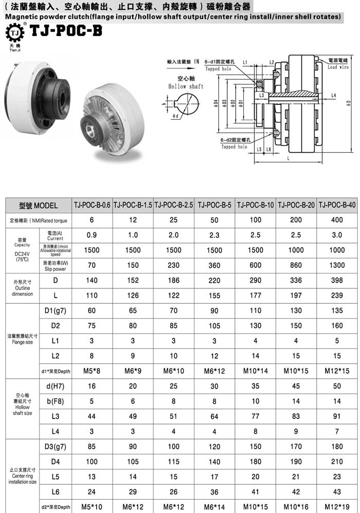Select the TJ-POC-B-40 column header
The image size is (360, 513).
(338, 205)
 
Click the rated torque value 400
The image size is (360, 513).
(338, 220)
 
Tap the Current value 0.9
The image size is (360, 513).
(92, 235)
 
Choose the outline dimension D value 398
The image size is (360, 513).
(338, 281)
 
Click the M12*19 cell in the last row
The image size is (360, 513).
(338, 507)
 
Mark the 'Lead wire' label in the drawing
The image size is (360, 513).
(338, 67)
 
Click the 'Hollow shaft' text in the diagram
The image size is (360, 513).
(186, 87)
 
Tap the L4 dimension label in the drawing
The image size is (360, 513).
(333, 96)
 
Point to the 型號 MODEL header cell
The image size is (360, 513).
(39, 205)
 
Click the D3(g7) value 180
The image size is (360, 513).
(338, 447)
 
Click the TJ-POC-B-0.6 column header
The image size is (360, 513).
(92, 205)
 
